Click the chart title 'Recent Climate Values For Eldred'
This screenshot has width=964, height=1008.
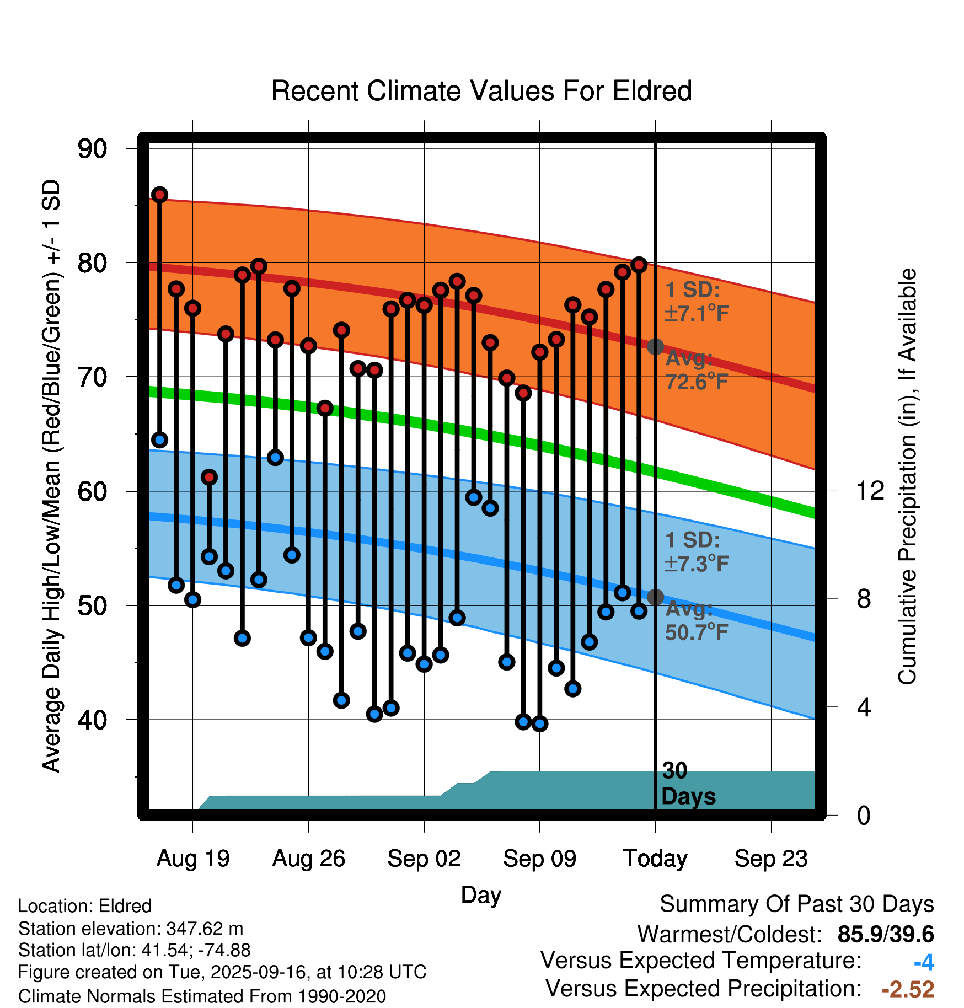(x=481, y=91)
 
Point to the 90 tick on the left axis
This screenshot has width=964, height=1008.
(x=93, y=149)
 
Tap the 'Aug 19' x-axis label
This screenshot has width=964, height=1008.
(x=193, y=859)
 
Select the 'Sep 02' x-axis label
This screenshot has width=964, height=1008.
(x=424, y=859)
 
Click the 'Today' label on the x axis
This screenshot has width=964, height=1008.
(x=655, y=859)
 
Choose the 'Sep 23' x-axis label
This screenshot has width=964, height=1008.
(x=770, y=859)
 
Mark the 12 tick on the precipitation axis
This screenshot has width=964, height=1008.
(x=870, y=490)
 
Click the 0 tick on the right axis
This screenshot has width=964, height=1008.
(x=864, y=815)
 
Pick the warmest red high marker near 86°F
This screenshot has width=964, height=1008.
(x=159, y=195)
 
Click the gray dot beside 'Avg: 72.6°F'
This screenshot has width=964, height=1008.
(x=655, y=346)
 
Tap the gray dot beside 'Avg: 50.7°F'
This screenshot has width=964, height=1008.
(x=655, y=597)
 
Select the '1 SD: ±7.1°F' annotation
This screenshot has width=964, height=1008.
(x=696, y=302)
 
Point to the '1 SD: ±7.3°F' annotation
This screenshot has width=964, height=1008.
(x=696, y=551)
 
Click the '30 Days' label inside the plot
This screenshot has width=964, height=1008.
(x=688, y=784)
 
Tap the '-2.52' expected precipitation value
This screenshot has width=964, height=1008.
(x=907, y=989)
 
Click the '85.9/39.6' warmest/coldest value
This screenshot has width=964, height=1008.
(x=885, y=934)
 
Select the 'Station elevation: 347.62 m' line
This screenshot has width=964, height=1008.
(x=131, y=929)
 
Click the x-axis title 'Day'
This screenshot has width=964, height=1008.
(x=481, y=894)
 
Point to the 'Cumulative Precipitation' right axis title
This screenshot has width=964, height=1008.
(x=907, y=477)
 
